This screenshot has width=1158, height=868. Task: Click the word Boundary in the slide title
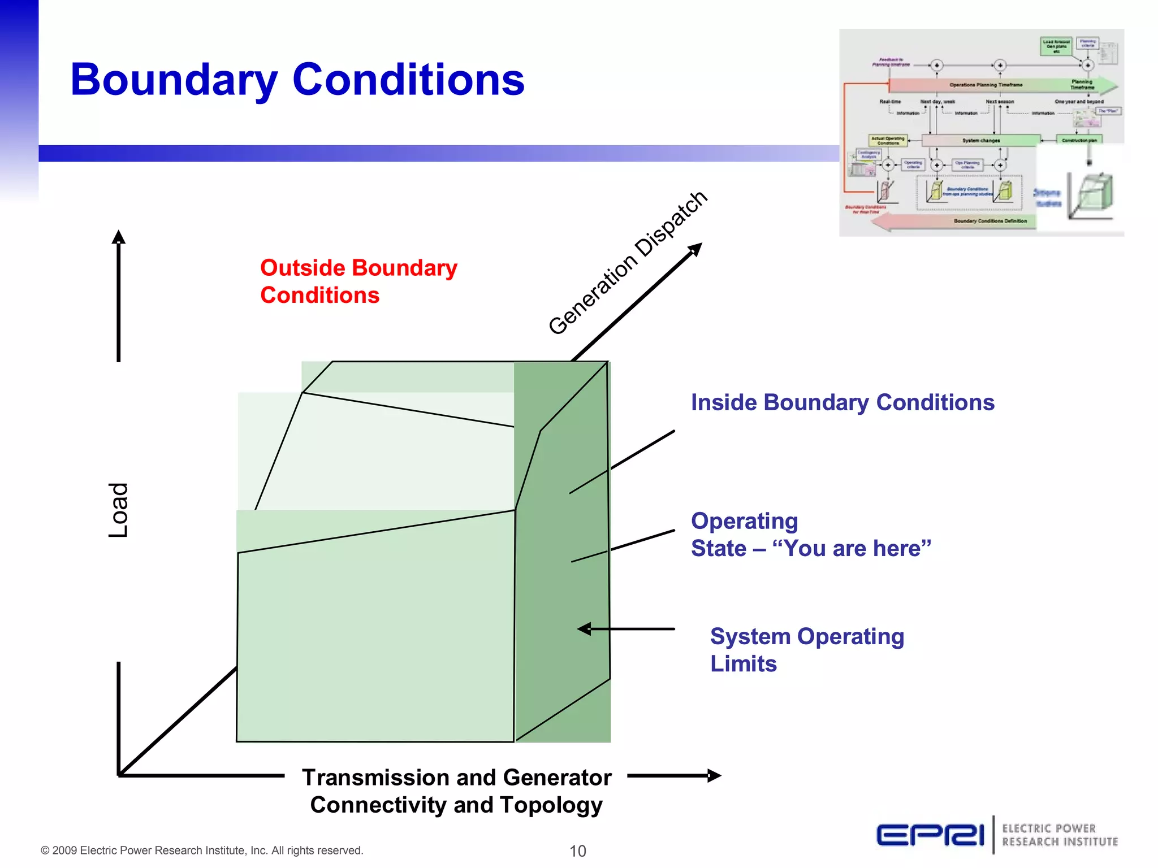(x=174, y=80)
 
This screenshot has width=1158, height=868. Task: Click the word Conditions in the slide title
(x=408, y=79)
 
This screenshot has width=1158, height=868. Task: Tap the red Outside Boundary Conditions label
(x=358, y=281)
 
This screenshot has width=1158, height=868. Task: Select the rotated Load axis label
(x=119, y=510)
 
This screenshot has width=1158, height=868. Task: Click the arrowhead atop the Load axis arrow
(x=118, y=236)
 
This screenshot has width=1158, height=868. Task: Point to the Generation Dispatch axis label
(x=627, y=263)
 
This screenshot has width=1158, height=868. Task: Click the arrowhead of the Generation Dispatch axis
(x=696, y=249)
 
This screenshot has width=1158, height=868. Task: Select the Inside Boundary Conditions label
(x=842, y=402)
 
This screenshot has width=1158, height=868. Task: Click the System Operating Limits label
(x=806, y=649)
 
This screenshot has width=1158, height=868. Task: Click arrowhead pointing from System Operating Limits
(x=584, y=629)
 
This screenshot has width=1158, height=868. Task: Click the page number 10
(x=577, y=850)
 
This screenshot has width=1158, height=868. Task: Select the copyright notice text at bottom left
(x=202, y=850)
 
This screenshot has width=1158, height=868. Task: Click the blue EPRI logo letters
(x=930, y=835)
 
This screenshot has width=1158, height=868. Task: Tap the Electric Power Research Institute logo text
(x=1060, y=835)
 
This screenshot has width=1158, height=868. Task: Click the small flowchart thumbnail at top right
(x=981, y=132)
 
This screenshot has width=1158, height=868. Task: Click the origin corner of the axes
(x=119, y=775)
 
